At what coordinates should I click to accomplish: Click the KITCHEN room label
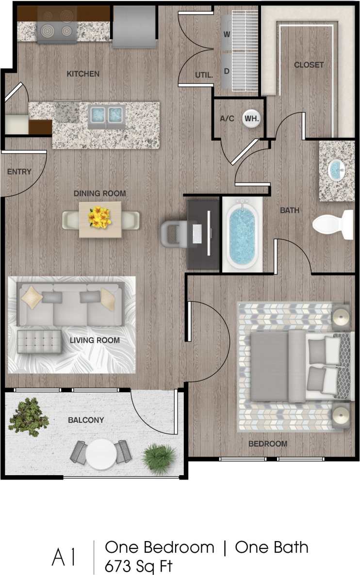tap(83, 74)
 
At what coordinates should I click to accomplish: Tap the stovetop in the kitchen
tap(57, 31)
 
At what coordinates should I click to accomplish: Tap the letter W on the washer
tap(227, 34)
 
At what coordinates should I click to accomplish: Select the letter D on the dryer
tap(227, 71)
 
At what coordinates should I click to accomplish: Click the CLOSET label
tap(309, 65)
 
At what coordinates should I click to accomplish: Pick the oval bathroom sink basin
tap(336, 170)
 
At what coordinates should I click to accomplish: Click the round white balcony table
tap(102, 454)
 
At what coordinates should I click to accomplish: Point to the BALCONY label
tap(85, 420)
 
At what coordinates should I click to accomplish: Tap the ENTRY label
tap(19, 172)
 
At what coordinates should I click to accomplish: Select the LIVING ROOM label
tap(95, 340)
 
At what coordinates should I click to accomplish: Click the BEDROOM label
tap(268, 444)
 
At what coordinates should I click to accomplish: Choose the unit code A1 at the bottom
tap(64, 557)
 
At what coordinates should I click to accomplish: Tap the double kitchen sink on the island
tap(106, 115)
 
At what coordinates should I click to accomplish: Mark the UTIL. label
tap(203, 75)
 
